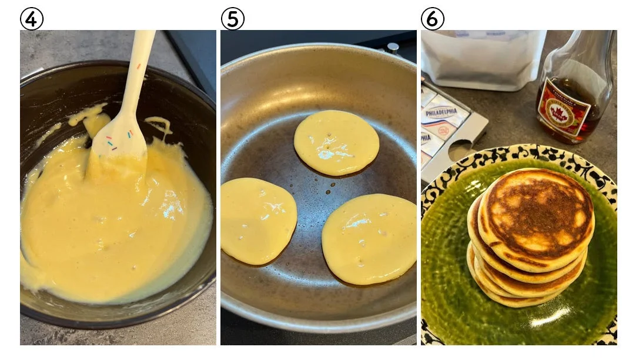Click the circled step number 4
[32, 19]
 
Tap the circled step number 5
[232, 19]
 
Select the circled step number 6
[433, 19]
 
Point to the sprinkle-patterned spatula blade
[120, 141]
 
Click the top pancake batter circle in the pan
[336, 142]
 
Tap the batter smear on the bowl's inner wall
[88, 118]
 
